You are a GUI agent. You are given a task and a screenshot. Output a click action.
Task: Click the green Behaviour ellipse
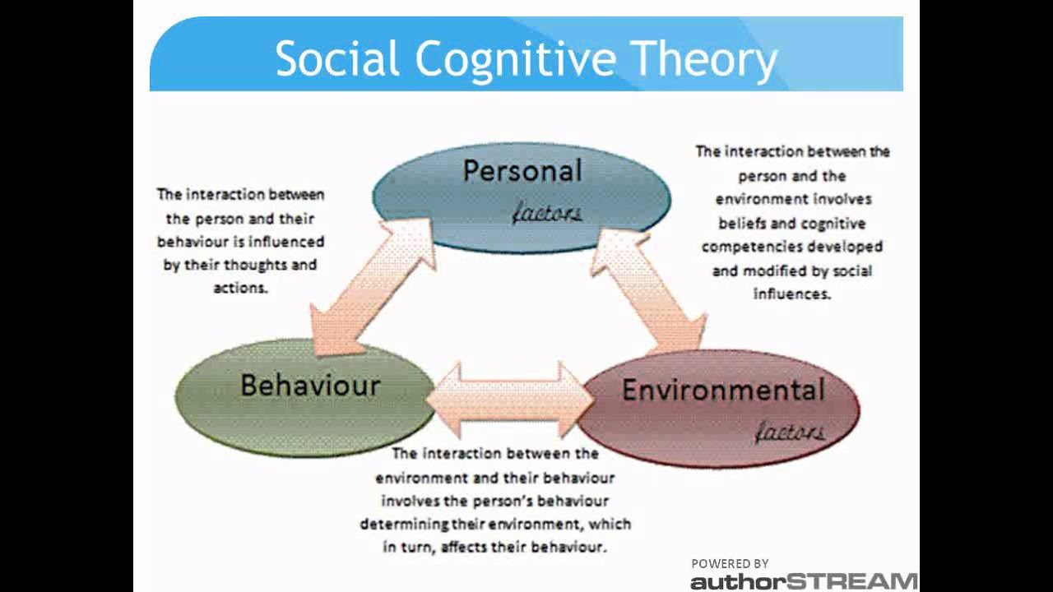(x=247, y=419)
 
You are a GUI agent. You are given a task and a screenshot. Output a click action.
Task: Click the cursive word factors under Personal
(x=546, y=214)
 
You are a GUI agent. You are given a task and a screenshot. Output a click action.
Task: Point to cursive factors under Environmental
(x=790, y=431)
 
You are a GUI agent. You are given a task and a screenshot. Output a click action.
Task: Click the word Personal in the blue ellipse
(x=522, y=171)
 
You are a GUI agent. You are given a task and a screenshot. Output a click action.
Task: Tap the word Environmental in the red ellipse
(x=723, y=390)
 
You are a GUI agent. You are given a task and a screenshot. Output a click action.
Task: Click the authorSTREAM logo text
(x=803, y=582)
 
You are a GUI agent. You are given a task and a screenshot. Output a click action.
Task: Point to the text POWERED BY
(x=730, y=564)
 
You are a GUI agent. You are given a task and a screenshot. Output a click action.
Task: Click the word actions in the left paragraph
(x=240, y=289)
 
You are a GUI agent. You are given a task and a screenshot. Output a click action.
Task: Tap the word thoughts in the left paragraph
(x=252, y=266)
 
